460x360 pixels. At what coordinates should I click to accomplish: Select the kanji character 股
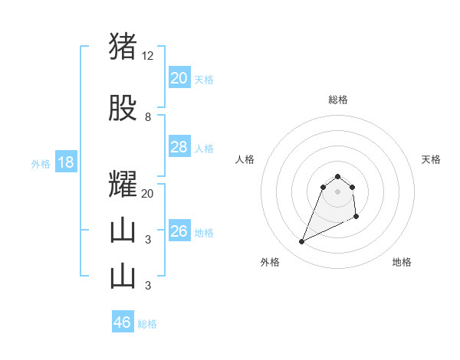(x=123, y=108)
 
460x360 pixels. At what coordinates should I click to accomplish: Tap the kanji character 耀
(x=123, y=185)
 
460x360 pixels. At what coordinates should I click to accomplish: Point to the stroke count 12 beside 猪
(x=148, y=56)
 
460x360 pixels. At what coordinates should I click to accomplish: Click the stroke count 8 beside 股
(x=148, y=117)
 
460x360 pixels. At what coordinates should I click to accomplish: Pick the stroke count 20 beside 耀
(x=148, y=194)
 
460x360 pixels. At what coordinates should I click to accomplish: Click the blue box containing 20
(x=179, y=77)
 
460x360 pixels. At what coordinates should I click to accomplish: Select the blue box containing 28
(x=179, y=147)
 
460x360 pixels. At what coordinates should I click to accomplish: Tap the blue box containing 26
(x=179, y=231)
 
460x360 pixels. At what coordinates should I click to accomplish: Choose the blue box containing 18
(x=65, y=162)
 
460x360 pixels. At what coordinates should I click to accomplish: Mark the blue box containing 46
(x=123, y=322)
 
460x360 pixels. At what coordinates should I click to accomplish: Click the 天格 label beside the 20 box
(x=204, y=79)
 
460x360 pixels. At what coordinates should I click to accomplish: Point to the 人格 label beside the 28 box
(x=204, y=149)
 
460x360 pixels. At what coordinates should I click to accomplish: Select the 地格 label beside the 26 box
(x=204, y=233)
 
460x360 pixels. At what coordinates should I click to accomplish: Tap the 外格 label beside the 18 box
(x=41, y=164)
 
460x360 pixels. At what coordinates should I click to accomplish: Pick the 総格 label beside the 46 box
(x=147, y=324)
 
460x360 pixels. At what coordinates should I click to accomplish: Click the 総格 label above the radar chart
(x=338, y=100)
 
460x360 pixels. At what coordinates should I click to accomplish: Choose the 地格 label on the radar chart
(x=402, y=262)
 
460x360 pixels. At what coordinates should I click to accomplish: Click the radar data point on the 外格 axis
(x=302, y=242)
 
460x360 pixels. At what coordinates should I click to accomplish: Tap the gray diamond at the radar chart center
(x=338, y=191)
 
